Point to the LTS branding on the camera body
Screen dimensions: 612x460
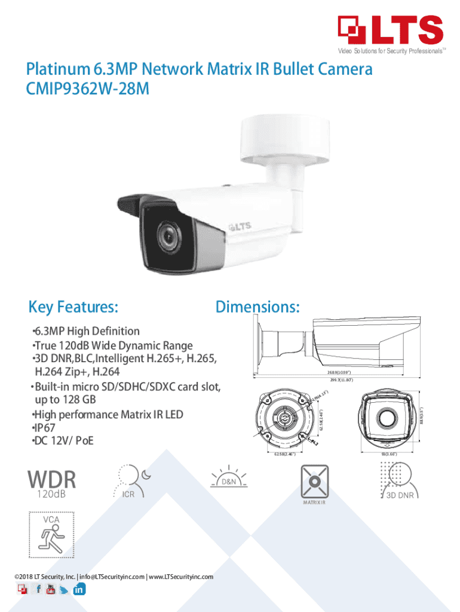click(241, 227)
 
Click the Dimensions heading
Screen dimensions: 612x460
click(257, 307)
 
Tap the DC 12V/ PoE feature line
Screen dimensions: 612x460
click(62, 441)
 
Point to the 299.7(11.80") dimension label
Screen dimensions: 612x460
click(335, 380)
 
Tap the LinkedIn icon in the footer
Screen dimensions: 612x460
click(79, 589)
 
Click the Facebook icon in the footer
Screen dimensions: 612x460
click(38, 589)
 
